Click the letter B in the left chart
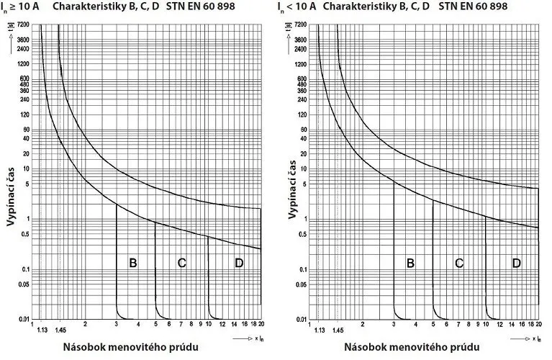pyautogui.click(x=133, y=263)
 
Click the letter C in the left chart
pyautogui.click(x=182, y=263)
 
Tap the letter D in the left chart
pyautogui.click(x=239, y=263)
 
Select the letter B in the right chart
pyautogui.click(x=410, y=263)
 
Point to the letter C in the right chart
pyautogui.click(x=459, y=263)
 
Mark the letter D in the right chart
pyautogui.click(x=517, y=263)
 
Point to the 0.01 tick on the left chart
pyautogui.click(x=26, y=318)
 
